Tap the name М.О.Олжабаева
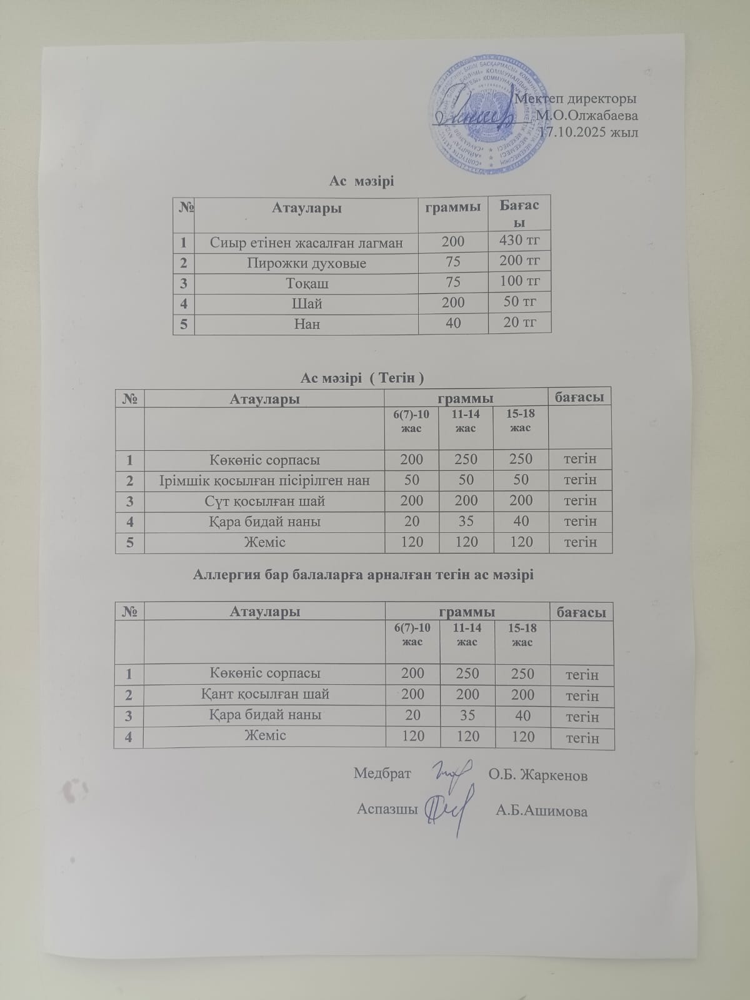587,116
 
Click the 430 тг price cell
519,240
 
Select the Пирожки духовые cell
306,263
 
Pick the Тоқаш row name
306,283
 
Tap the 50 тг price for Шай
519,302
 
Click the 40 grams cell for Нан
453,323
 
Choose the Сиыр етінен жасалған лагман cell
306,243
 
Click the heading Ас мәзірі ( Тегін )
362,378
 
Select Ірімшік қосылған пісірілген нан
264,480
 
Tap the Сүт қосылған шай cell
264,501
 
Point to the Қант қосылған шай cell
264,694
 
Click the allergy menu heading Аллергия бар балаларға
364,573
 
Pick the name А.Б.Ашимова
541,812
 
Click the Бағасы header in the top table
519,213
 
